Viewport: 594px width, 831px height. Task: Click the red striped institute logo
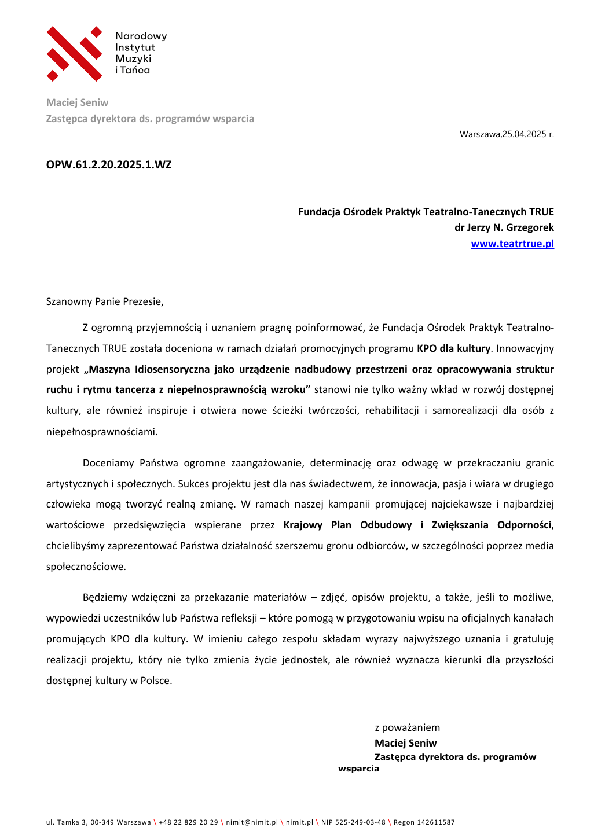point(74,53)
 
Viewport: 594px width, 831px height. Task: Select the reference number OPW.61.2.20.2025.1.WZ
point(109,165)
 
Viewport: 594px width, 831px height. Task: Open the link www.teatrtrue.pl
point(512,244)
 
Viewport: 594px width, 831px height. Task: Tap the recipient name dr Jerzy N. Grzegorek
point(504,227)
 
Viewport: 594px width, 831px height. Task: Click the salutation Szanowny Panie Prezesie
point(105,301)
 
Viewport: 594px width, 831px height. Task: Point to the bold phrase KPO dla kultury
point(453,348)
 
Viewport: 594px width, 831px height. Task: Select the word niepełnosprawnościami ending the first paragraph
point(102,432)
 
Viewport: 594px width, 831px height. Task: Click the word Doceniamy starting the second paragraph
point(108,463)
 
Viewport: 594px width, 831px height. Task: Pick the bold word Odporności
point(524,525)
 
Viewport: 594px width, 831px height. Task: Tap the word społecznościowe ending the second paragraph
point(86,567)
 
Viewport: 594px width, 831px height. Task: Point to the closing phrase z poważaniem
point(407,727)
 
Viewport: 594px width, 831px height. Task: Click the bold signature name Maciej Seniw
point(405,743)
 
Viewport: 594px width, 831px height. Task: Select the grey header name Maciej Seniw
point(77,102)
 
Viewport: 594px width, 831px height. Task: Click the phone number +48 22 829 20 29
point(188,822)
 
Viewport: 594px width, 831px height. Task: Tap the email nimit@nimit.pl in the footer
point(252,822)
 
